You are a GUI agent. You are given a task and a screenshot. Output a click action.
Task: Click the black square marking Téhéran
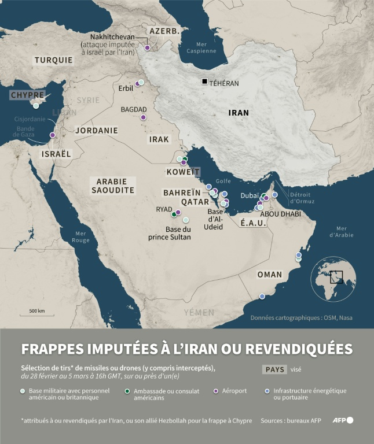tap(204, 82)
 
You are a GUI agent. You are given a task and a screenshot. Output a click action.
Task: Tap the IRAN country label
tap(239, 113)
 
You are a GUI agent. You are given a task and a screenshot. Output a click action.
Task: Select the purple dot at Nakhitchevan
tap(148, 48)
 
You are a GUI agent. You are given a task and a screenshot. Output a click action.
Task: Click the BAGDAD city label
tap(134, 109)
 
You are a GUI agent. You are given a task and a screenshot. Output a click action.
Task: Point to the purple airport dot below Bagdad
tap(143, 117)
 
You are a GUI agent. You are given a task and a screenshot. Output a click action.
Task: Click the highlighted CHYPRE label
tap(27, 95)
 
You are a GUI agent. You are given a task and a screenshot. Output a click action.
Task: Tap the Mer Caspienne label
tap(201, 47)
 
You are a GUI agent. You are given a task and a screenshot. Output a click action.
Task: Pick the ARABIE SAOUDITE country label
tap(112, 186)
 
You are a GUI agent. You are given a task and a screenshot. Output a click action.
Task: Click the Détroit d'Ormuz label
tap(302, 198)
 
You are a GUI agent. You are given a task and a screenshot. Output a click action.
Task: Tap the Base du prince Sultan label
tap(170, 233)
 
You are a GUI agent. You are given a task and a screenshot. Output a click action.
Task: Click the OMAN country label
tap(269, 275)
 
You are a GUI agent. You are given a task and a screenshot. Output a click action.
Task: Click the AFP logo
tap(343, 420)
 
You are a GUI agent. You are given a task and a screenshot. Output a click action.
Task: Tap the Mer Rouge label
tap(81, 236)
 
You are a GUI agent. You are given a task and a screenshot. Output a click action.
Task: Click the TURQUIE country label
tap(53, 60)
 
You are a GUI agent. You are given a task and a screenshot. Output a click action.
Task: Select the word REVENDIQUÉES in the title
tap(296, 349)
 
